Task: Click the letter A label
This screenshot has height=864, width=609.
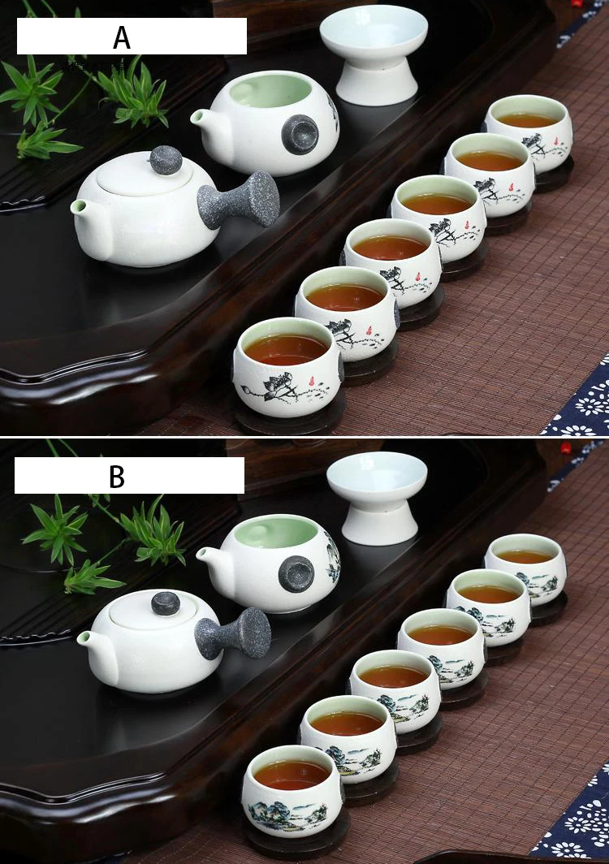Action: (122, 37)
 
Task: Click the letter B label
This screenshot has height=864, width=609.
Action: (117, 476)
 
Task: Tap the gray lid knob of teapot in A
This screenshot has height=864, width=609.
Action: (166, 160)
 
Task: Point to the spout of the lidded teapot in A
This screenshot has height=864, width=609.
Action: (80, 208)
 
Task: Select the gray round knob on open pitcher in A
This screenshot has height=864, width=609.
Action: (300, 134)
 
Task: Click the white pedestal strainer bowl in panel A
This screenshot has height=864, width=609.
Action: (374, 54)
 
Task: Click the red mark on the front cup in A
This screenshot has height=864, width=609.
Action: (312, 380)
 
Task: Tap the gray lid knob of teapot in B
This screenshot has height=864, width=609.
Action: (166, 603)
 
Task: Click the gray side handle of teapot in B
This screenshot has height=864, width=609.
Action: (235, 633)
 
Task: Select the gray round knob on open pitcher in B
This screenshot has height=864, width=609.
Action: (296, 573)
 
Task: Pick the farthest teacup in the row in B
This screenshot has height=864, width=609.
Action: (525, 568)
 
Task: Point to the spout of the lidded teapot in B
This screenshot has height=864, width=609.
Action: (87, 639)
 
